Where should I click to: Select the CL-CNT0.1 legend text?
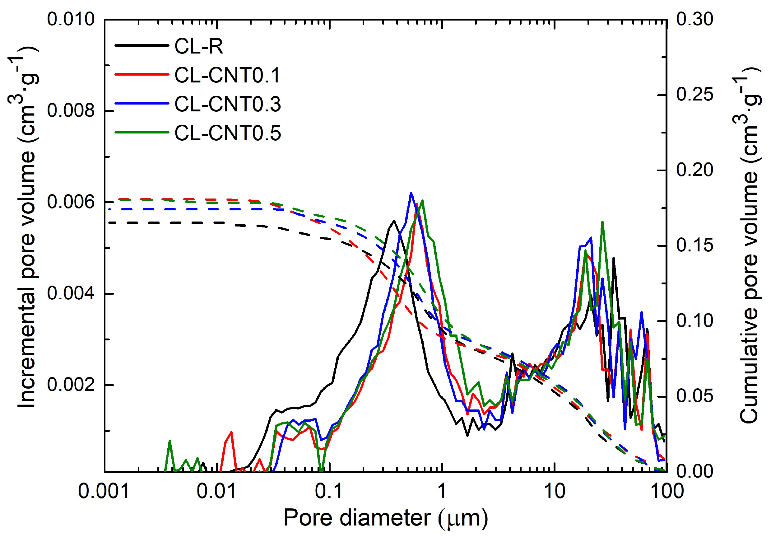[227, 75]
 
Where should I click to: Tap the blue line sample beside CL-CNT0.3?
[142, 104]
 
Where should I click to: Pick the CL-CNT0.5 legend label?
[227, 133]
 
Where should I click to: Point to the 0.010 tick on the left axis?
[71, 19]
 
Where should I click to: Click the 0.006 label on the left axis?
[71, 202]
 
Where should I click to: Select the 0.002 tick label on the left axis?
[71, 385]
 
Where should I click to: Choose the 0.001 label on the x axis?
[104, 491]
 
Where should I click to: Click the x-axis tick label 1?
[442, 491]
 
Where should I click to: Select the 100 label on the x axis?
[667, 491]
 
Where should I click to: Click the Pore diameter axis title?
[386, 518]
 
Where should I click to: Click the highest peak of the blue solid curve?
[410, 193]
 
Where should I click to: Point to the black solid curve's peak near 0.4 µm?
[393, 221]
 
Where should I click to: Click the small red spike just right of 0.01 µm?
[231, 432]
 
